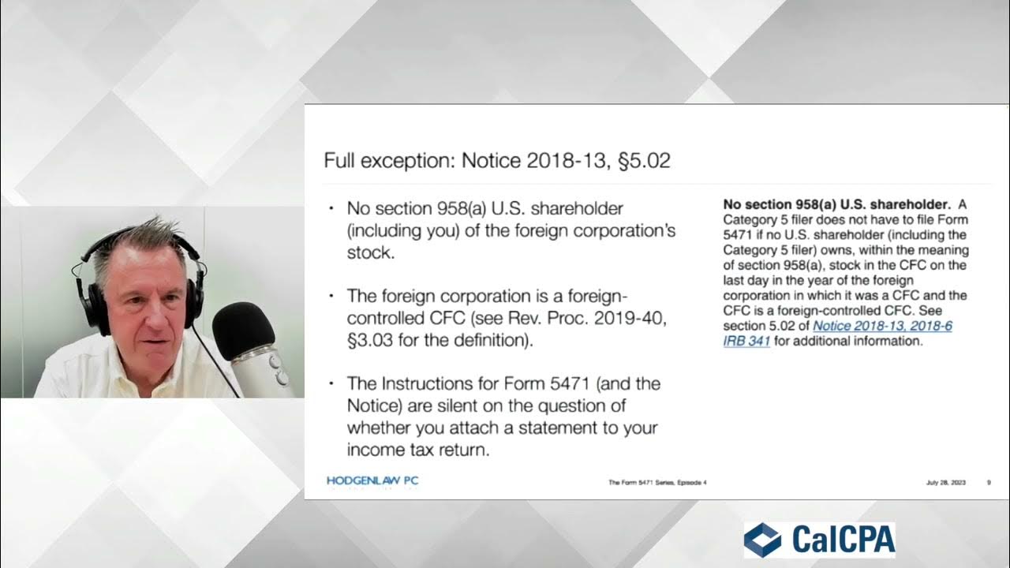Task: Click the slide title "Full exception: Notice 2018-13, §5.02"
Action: click(497, 161)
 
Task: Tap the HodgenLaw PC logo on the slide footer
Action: click(372, 481)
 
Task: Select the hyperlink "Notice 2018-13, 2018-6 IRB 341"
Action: click(837, 334)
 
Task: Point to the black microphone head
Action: click(242, 329)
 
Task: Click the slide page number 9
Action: click(989, 482)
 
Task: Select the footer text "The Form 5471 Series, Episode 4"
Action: click(657, 482)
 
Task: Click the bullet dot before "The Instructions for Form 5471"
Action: click(331, 383)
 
